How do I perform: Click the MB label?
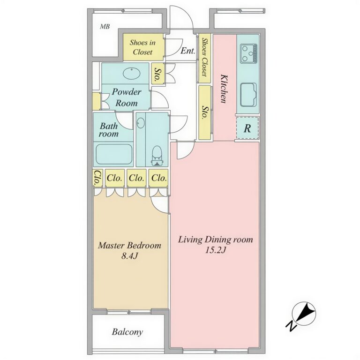tap(105, 27)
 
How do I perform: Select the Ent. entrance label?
tap(188, 51)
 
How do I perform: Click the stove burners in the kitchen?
tap(248, 54)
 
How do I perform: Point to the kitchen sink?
tap(248, 95)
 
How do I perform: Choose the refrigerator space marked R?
tap(247, 128)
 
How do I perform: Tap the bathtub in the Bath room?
tap(114, 154)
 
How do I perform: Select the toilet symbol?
tap(157, 156)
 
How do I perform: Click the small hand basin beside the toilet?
tap(141, 123)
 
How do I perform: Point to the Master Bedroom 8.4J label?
tap(129, 250)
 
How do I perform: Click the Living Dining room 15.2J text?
tap(215, 244)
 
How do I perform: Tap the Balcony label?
tap(127, 332)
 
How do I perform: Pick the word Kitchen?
tap(224, 89)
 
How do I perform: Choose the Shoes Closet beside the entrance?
tap(204, 58)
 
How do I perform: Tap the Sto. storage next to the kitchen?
tap(204, 112)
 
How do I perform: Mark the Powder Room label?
tap(127, 97)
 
